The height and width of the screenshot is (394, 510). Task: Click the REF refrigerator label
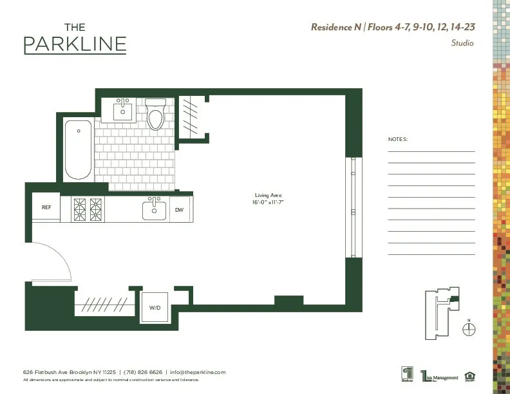tap(46, 207)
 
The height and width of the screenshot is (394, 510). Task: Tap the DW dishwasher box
tap(180, 210)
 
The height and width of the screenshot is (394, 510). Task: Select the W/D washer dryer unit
tap(155, 307)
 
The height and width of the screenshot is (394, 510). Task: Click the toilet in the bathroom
tap(155, 115)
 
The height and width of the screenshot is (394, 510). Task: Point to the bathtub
tap(78, 150)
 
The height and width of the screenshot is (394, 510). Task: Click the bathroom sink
tap(123, 110)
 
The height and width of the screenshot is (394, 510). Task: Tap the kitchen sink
tap(154, 209)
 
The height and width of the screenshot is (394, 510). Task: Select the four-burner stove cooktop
tap(88, 209)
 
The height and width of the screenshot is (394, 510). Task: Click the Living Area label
tap(269, 195)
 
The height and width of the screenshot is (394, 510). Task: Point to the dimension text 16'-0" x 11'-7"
tap(269, 202)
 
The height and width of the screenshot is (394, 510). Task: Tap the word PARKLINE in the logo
tap(75, 45)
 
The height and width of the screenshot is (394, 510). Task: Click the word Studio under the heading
tap(462, 43)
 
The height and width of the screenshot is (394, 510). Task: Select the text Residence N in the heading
tap(336, 27)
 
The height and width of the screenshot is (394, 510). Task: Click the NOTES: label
tap(398, 139)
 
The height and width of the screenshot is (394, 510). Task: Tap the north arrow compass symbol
tap(469, 328)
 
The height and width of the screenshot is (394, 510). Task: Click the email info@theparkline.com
tap(198, 372)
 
